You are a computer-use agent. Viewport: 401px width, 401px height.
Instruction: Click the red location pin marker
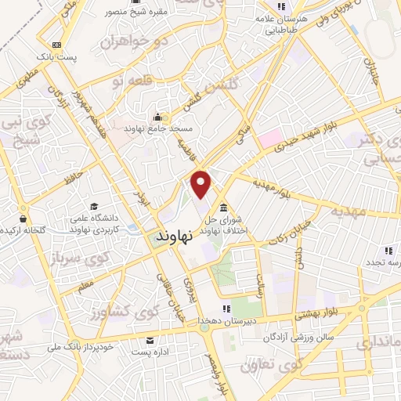(x=202, y=183)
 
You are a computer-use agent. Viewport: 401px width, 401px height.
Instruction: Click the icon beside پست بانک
(x=56, y=45)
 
